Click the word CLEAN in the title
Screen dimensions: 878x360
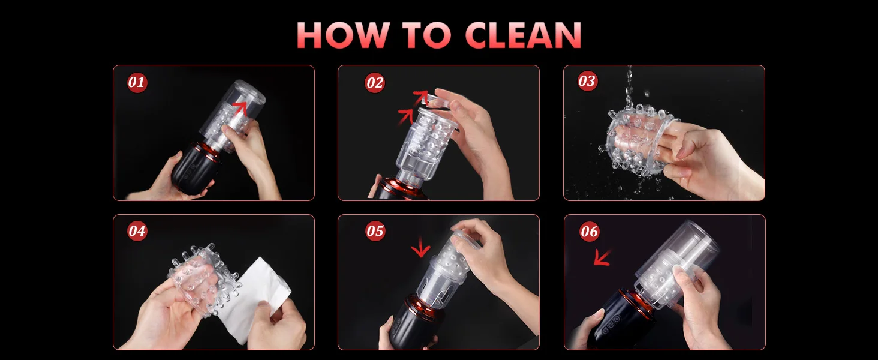click(x=523, y=35)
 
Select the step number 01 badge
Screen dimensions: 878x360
click(x=137, y=82)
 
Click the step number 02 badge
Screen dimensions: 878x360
click(x=375, y=83)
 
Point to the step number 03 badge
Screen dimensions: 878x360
click(x=587, y=81)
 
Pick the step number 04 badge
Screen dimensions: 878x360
click(x=137, y=230)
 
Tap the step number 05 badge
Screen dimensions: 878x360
click(x=375, y=231)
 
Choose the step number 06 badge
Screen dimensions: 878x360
click(x=589, y=232)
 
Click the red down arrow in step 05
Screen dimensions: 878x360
click(x=420, y=247)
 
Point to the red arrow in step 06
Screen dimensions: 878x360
click(x=602, y=257)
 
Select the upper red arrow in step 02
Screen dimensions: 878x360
click(x=422, y=95)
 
